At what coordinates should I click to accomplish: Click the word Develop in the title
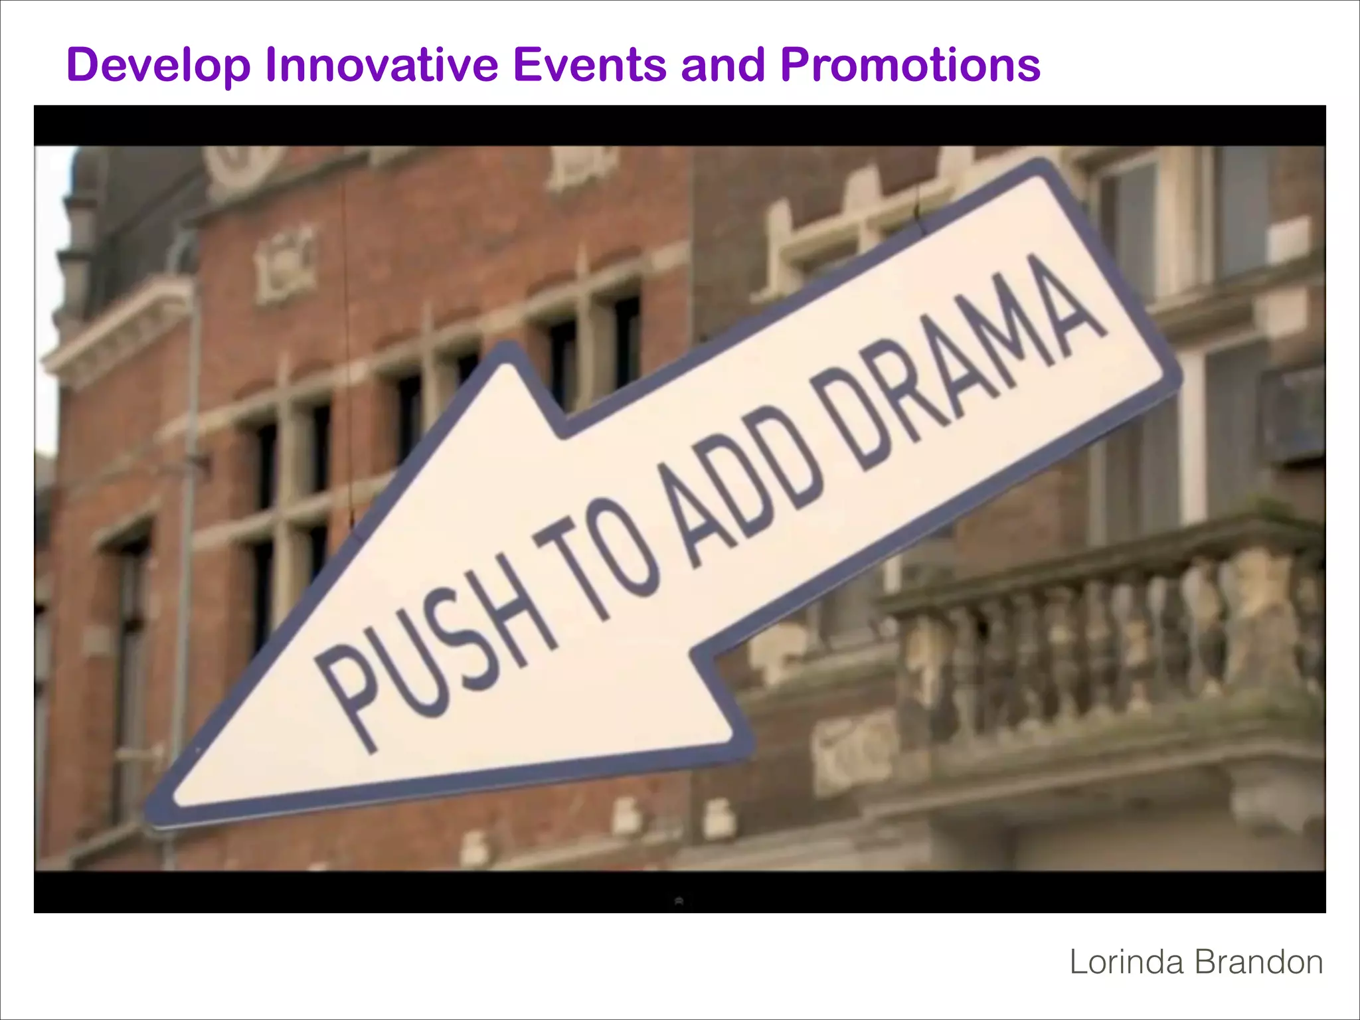159,66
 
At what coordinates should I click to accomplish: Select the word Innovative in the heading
382,64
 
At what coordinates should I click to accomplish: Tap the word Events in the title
590,64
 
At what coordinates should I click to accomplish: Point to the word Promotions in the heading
910,64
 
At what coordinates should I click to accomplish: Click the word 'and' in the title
723,64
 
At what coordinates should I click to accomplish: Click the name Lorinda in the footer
1126,962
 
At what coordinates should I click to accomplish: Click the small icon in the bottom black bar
679,901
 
